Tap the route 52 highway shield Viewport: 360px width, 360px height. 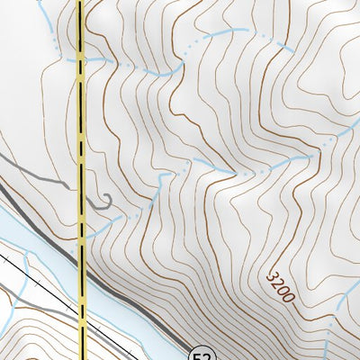(202, 353)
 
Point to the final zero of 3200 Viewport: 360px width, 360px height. (289, 297)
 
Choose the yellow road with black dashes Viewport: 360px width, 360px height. (82, 135)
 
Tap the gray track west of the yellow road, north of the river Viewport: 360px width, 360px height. (36, 171)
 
